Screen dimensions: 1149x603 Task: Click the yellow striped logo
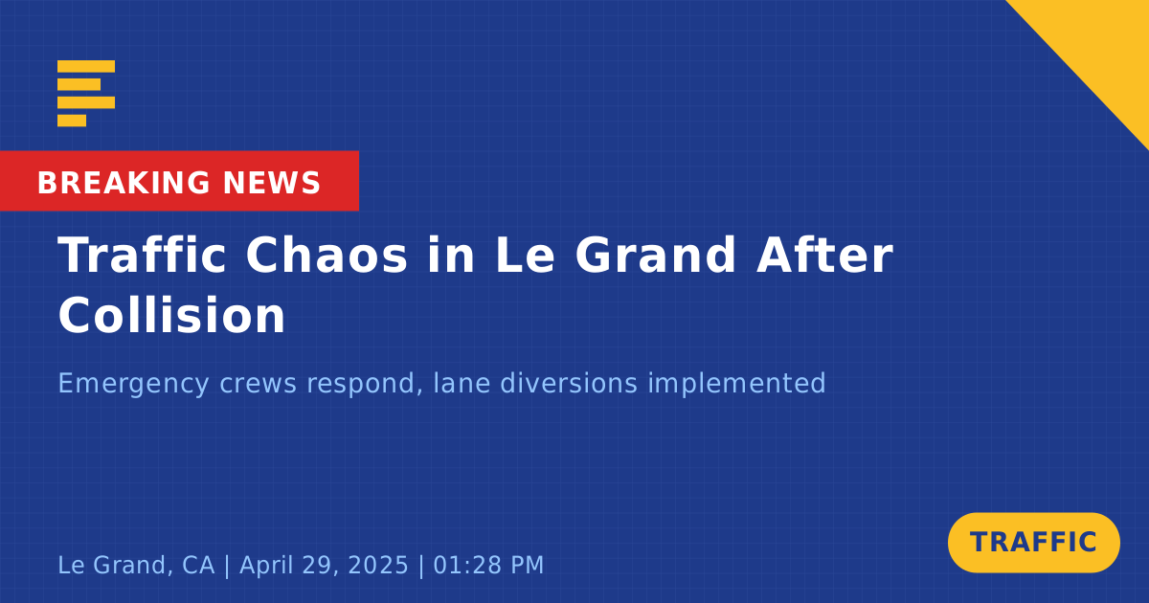point(86,94)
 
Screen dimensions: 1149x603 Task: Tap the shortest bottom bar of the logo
point(72,121)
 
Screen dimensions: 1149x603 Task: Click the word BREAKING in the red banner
point(124,183)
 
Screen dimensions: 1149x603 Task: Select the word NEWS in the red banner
point(271,183)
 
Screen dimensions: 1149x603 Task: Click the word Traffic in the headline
point(142,256)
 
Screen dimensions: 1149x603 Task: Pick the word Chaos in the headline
point(327,256)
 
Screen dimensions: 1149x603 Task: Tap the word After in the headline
point(824,256)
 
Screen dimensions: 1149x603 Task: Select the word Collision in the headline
point(171,315)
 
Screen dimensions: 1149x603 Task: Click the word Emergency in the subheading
point(133,384)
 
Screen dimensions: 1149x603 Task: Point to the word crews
point(258,384)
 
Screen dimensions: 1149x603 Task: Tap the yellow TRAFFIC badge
point(1033,543)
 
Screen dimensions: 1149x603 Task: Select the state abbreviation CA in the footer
point(198,565)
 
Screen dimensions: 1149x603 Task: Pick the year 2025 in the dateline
point(378,565)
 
